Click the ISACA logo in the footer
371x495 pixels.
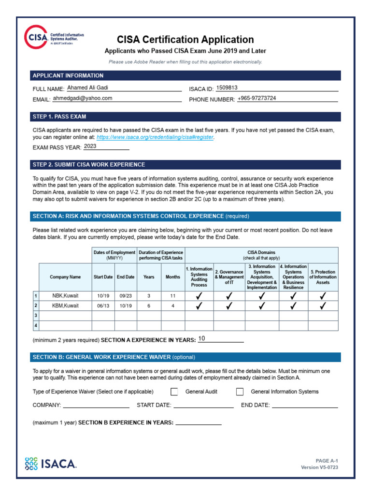coord(50,464)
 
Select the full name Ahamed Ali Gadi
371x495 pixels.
coord(88,88)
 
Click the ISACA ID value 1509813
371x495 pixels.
coord(227,88)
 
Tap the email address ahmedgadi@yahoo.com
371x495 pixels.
coord(82,98)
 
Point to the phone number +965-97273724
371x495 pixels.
coord(257,98)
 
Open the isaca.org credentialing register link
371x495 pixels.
coord(155,137)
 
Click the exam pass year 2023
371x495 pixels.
coord(90,146)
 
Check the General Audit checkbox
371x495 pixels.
coord(174,392)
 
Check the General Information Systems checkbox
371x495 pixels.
coord(240,392)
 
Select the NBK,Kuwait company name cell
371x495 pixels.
coord(65,295)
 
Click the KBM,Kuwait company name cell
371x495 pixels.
coord(65,306)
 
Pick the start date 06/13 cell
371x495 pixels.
coord(103,306)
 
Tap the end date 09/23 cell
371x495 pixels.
coord(126,295)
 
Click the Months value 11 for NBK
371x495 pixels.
coord(173,295)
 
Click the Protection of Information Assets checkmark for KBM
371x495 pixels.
coord(323,306)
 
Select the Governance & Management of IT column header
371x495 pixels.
coord(229,277)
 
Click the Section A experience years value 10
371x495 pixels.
coord(202,339)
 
